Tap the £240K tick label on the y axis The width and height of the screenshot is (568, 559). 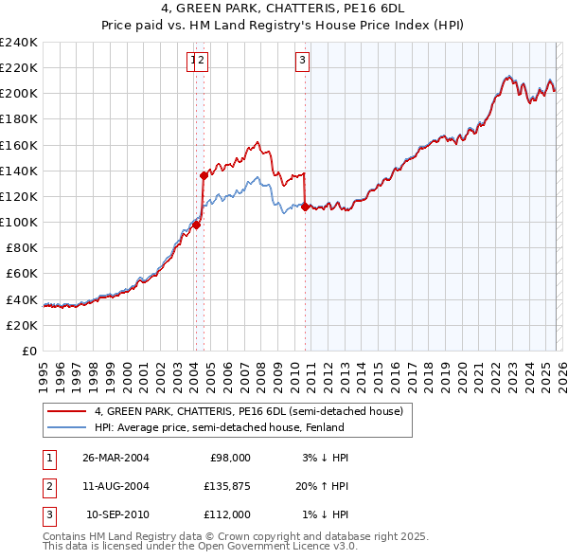pyautogui.click(x=19, y=43)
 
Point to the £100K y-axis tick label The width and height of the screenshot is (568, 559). pyautogui.click(x=19, y=222)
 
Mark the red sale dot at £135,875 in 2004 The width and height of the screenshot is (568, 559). pyautogui.click(x=204, y=175)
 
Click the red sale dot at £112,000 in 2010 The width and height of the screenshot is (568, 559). pyautogui.click(x=305, y=207)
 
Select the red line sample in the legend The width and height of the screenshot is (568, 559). pyautogui.click(x=66, y=411)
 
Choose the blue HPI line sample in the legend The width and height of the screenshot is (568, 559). pyautogui.click(x=66, y=427)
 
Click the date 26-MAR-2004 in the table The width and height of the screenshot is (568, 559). pyautogui.click(x=115, y=457)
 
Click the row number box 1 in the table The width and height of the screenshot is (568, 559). pyautogui.click(x=47, y=457)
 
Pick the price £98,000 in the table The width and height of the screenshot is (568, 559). pyautogui.click(x=230, y=457)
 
